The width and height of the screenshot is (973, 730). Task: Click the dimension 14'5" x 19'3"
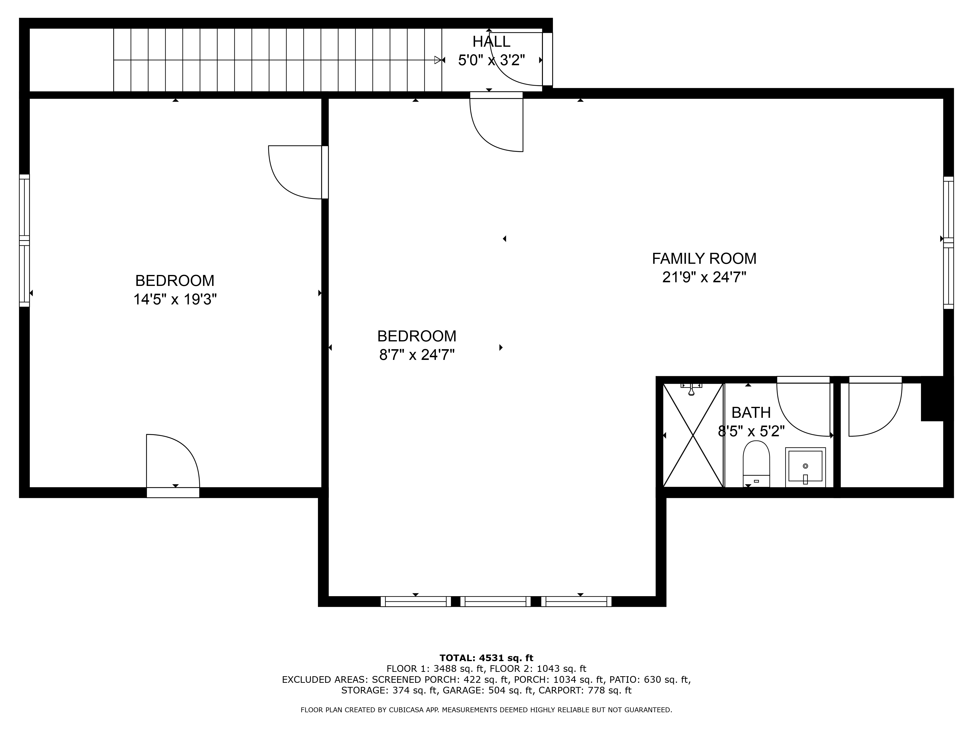(175, 299)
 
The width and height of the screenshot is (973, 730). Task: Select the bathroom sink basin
(805, 467)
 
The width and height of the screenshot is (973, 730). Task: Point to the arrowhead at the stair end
(438, 60)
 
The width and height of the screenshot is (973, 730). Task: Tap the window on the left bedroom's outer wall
(24, 240)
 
